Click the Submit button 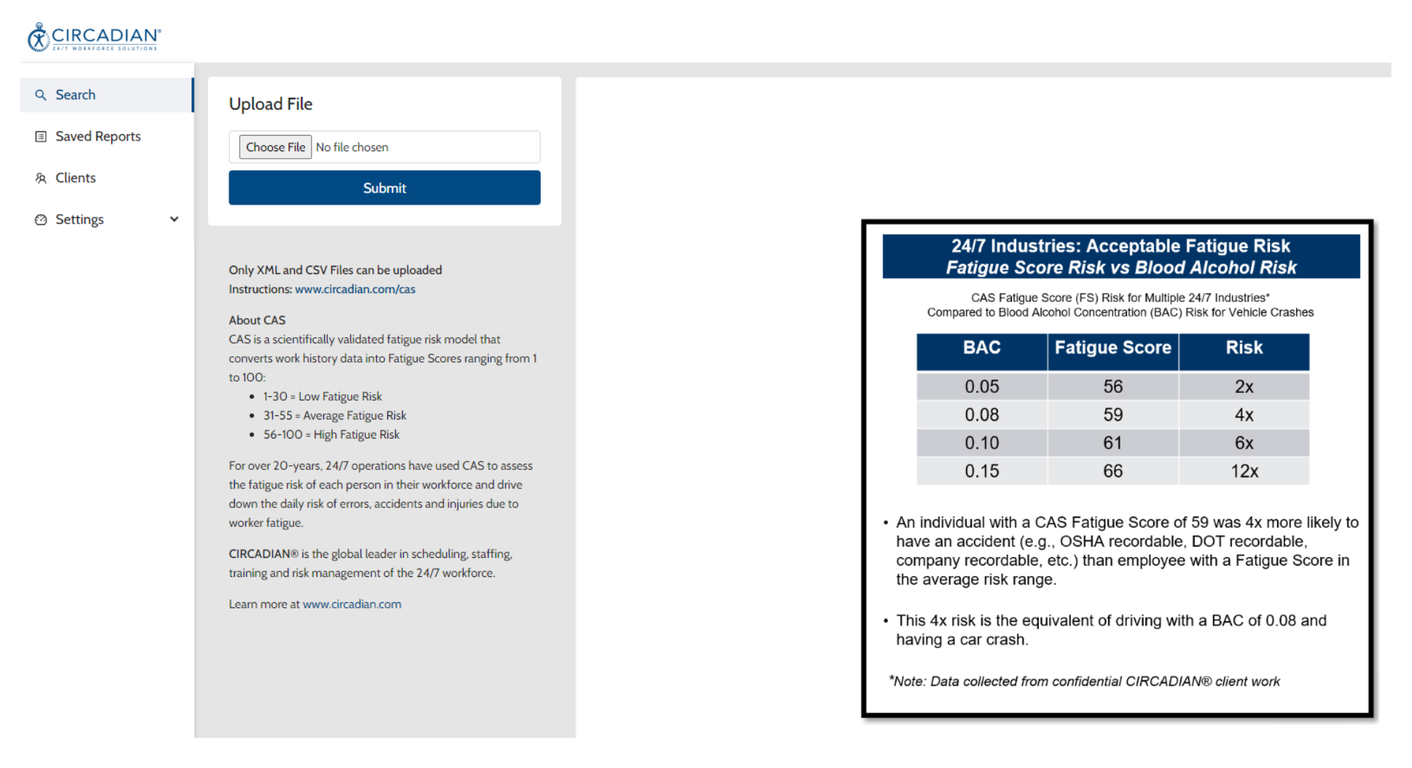[384, 188]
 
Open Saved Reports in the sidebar [98, 136]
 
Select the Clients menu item [75, 178]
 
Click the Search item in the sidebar [75, 95]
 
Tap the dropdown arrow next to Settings [174, 219]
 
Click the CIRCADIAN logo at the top [94, 37]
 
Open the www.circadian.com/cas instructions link [355, 289]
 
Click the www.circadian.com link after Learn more [352, 604]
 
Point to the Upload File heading [271, 104]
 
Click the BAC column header [982, 348]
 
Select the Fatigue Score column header [1112, 348]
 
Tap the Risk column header [1244, 348]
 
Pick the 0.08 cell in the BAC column [982, 415]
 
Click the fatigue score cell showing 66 [1112, 471]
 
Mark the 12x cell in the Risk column [1244, 471]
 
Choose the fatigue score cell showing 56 [1112, 386]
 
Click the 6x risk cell [1244, 443]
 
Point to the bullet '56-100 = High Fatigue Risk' [331, 434]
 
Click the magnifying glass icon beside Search [41, 95]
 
